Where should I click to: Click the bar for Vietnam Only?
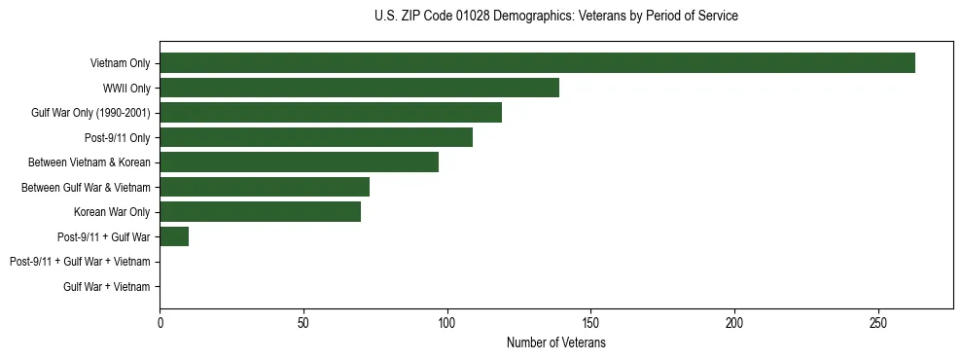coord(537,63)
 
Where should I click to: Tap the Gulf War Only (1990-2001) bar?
coord(331,113)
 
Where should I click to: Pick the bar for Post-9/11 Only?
coord(316,137)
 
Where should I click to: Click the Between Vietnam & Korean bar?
coord(299,162)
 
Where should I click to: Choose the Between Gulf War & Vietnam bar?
coord(265,187)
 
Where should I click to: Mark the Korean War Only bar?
coord(260,212)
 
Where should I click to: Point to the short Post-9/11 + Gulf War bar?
coord(174,236)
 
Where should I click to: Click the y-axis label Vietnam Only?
coord(120,64)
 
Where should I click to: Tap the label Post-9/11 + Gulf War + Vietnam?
coord(80,262)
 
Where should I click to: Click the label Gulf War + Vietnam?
coord(107,287)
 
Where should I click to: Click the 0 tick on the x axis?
coord(160,323)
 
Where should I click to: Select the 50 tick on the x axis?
coord(303,323)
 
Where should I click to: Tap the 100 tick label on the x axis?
coord(447,323)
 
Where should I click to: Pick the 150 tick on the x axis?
coord(590,323)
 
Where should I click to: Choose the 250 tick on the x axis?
coord(878,323)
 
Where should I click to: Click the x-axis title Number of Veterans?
coord(555,343)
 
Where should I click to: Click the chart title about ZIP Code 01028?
coord(555,17)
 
